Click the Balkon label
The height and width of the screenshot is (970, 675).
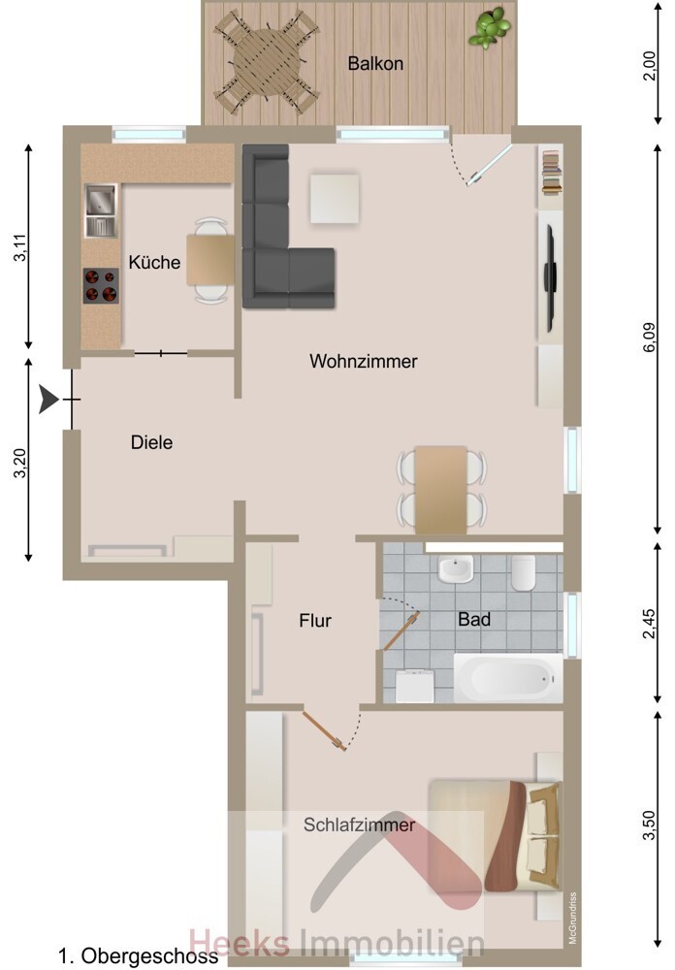click(x=375, y=63)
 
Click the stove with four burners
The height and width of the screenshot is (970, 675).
click(x=101, y=285)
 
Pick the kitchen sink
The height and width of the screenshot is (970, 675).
click(x=100, y=210)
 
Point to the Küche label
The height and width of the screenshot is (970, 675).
click(x=154, y=262)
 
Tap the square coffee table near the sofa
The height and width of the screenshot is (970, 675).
click(x=334, y=199)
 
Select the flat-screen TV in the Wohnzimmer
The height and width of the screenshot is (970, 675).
click(x=549, y=279)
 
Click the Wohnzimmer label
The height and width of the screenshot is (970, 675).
click(x=363, y=361)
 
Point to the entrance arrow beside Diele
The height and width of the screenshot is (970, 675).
click(x=48, y=399)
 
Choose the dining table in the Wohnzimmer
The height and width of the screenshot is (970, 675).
click(x=440, y=489)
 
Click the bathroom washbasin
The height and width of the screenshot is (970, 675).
click(x=456, y=568)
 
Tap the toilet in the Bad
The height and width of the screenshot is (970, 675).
click(x=523, y=572)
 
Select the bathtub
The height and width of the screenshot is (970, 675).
click(x=508, y=678)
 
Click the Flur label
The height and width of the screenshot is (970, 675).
click(x=315, y=621)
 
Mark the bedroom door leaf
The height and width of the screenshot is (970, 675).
click(x=324, y=731)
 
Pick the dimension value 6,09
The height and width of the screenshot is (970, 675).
click(x=649, y=339)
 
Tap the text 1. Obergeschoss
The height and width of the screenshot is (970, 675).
click(x=138, y=956)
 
